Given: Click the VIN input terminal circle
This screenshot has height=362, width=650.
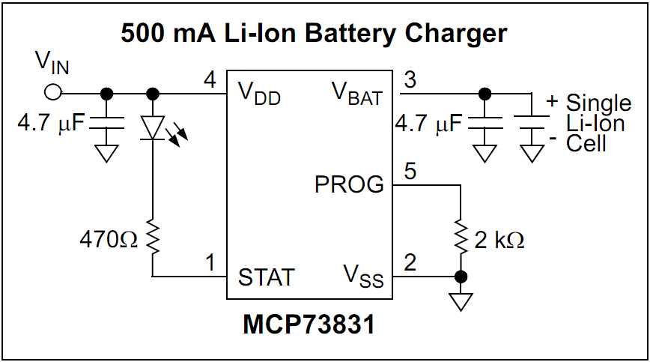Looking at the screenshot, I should pos(53,93).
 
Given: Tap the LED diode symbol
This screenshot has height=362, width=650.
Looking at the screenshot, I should pos(153,127).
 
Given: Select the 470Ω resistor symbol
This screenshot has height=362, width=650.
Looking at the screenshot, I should pos(153,238).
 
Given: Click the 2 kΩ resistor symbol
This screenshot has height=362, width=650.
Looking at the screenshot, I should pos(461,238).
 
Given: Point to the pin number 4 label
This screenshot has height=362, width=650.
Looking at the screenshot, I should pos(211,79).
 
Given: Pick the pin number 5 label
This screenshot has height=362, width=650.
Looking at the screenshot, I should pos(410,170).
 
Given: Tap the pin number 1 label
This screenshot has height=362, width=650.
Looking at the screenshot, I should pos(212,263).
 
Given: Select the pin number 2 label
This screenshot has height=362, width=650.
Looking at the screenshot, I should pos(410,263).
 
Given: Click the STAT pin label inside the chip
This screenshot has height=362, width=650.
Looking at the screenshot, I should pos(266,277).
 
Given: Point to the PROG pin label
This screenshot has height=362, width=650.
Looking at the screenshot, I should pos(350,184).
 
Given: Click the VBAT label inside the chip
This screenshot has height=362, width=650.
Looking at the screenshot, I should pos(356,94).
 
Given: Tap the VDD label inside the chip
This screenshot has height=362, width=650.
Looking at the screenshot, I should pos(260,94).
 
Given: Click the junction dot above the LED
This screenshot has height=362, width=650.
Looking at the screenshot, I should pos(153,93).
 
